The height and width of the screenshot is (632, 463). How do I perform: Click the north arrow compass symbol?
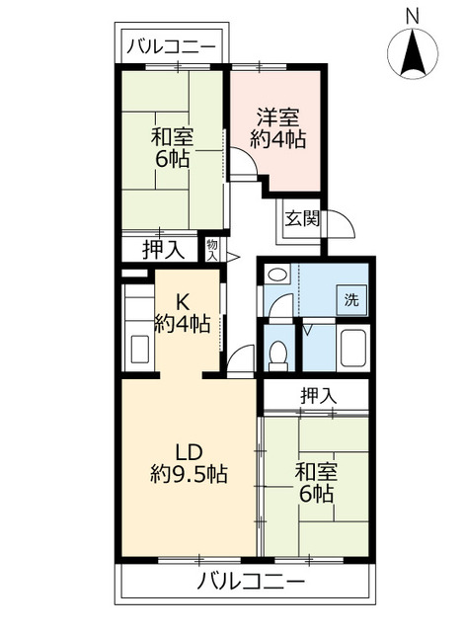tap(412, 53)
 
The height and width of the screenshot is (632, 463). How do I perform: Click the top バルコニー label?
tap(173, 45)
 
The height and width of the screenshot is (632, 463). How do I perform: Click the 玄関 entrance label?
tap(302, 219)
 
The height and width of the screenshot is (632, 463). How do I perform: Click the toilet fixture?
tap(278, 352)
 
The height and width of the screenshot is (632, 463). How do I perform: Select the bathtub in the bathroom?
tap(350, 349)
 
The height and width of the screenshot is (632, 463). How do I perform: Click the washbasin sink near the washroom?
tap(277, 276)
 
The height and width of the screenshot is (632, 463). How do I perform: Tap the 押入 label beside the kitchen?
tap(163, 250)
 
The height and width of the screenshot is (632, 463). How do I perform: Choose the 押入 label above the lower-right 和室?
tap(318, 395)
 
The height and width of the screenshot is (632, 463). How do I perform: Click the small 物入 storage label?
tap(212, 248)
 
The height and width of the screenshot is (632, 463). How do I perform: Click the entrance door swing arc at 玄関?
tap(341, 225)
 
